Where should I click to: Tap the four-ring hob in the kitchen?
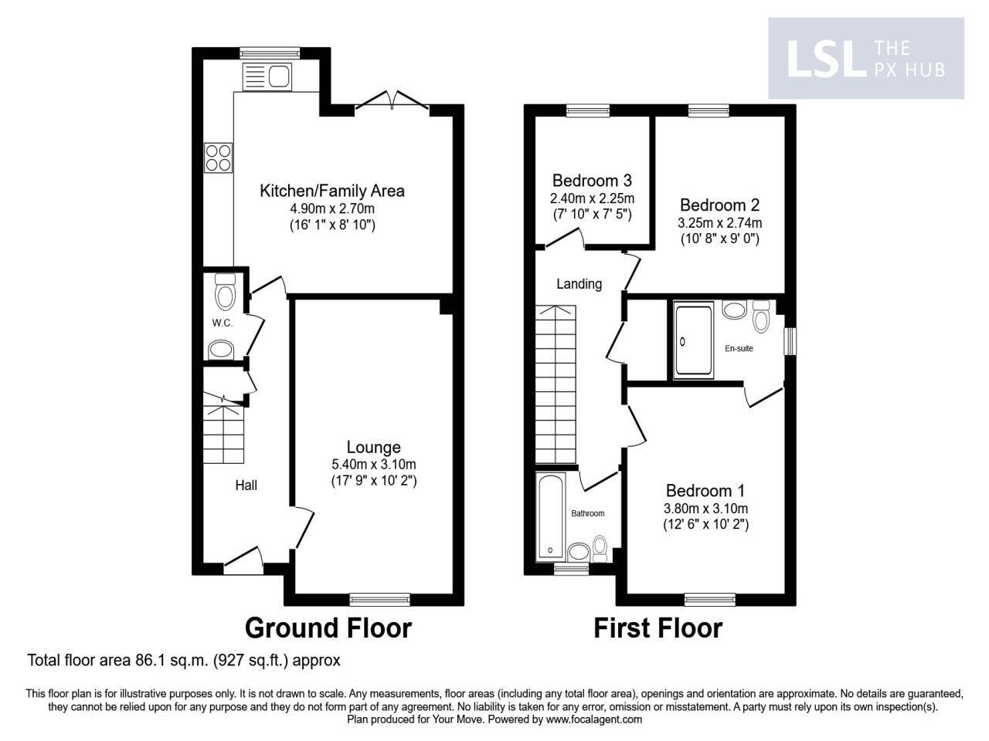click(218, 157)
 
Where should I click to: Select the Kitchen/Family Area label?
click(331, 191)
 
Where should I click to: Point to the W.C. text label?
click(223, 323)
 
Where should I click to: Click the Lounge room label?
click(373, 447)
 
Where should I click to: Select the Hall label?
click(246, 485)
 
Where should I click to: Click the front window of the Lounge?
click(379, 598)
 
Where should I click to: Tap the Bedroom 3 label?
click(592, 181)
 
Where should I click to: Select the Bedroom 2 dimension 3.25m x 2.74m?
click(719, 223)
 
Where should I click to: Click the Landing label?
click(579, 284)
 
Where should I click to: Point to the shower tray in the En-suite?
click(694, 340)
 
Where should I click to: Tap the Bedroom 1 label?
click(705, 491)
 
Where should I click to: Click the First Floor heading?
click(658, 628)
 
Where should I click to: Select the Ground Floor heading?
click(328, 628)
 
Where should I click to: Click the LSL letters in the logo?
click(824, 59)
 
